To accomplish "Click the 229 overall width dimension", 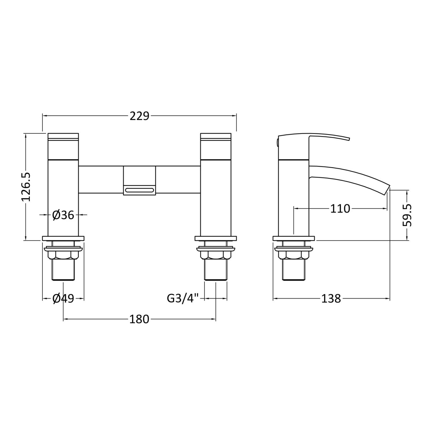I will point(139,116).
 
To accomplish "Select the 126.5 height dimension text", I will point(26,187).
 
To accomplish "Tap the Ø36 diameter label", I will point(63,215).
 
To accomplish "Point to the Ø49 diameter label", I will point(63,299).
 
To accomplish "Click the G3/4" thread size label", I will point(183,298).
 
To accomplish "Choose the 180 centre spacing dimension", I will point(139,319).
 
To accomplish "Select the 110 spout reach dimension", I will point(340,208).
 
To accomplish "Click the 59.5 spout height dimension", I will point(407,215).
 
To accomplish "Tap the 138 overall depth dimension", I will point(331,299).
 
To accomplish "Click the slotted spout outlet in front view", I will point(139,190).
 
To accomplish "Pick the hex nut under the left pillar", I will point(63,255).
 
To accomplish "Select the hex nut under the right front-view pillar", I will point(216,255).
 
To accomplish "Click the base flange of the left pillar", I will point(63,238).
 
